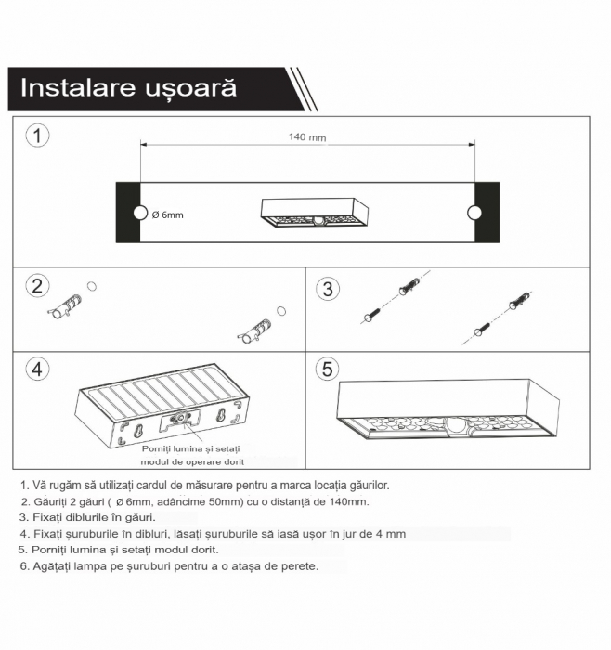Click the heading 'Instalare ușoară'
(x=128, y=89)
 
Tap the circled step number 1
(x=36, y=136)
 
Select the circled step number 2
(x=36, y=286)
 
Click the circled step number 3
(x=327, y=289)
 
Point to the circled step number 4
(x=36, y=369)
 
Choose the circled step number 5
(x=327, y=369)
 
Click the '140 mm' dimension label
(x=307, y=137)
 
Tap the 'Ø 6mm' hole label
(x=167, y=215)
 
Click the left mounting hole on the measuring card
(x=140, y=214)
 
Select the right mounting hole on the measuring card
(x=474, y=214)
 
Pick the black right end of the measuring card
(x=487, y=214)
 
